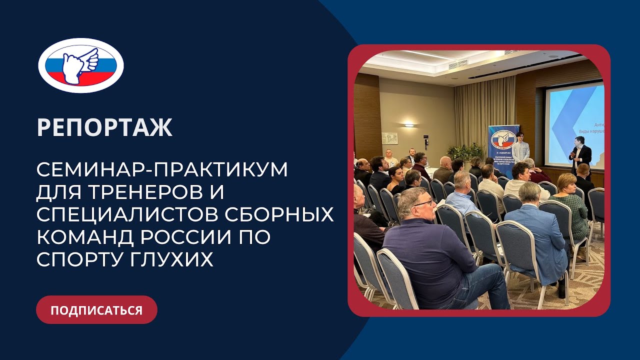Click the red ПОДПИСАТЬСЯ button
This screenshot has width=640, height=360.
pyautogui.click(x=96, y=310)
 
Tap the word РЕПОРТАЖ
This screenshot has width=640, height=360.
pyautogui.click(x=104, y=128)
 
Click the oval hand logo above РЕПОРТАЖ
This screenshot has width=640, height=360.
pyautogui.click(x=81, y=65)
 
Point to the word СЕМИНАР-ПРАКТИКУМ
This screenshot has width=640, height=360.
pyautogui.click(x=162, y=170)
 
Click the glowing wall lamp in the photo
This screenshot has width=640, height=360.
pyautogui.click(x=408, y=124)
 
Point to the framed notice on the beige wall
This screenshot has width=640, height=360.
pyautogui.click(x=389, y=138)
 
